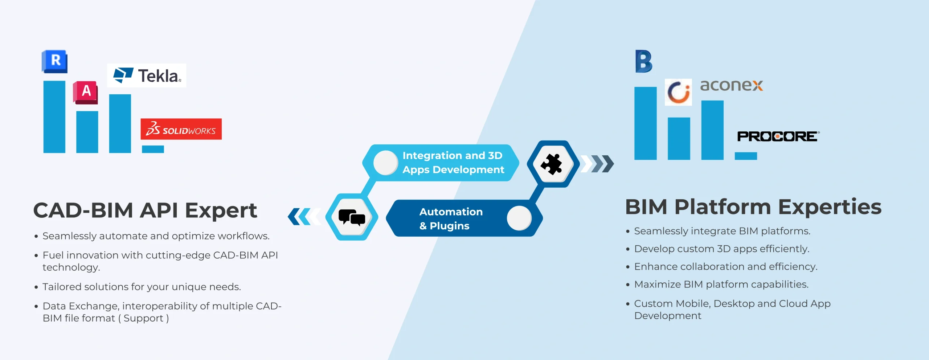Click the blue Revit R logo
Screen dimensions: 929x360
pos(55,61)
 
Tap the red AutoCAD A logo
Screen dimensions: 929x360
pos(86,92)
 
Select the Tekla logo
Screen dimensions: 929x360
pos(147,75)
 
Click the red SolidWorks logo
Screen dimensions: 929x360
pos(181,129)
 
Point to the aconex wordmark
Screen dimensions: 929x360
pos(731,85)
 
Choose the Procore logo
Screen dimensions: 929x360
pos(778,136)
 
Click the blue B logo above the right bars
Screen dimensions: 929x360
pos(644,61)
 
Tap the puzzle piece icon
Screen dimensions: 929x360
pos(552,164)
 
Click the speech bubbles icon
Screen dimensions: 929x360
pos(352,217)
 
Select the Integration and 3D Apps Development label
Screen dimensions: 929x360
pos(453,163)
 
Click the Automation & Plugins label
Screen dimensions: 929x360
pos(451,218)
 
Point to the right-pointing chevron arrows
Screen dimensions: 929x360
pos(597,164)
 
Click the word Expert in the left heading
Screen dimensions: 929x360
pos(221,210)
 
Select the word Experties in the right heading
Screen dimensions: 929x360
pos(830,207)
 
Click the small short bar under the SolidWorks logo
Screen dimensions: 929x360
pos(153,149)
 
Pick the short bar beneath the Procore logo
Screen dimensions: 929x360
pos(746,156)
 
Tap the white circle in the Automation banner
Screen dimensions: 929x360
pos(519,218)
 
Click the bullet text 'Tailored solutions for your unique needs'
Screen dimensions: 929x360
pos(142,287)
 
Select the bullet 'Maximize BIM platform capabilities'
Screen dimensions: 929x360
pos(721,284)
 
